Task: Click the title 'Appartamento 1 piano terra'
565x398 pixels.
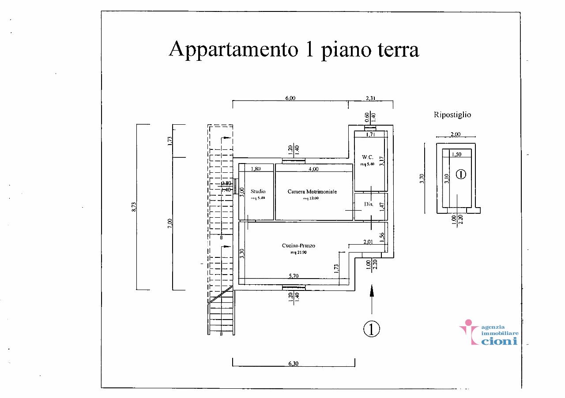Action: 294,49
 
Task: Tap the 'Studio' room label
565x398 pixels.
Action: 258,191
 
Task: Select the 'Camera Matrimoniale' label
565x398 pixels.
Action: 312,192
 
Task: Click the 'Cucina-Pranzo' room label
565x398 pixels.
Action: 299,245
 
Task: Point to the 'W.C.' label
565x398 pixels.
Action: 367,157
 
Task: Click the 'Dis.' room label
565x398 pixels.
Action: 369,205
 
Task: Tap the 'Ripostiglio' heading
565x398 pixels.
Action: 452,115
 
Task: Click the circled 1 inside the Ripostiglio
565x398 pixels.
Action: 460,174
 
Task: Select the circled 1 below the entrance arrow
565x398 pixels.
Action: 372,328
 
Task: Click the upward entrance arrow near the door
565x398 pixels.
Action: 372,298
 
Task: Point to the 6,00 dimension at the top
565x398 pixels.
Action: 290,98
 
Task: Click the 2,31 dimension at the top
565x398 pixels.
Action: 371,98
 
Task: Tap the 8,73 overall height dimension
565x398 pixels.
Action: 134,207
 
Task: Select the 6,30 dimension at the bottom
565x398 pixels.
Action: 293,364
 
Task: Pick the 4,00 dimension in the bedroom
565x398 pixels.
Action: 313,168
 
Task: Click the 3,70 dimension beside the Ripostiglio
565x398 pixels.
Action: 422,179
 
